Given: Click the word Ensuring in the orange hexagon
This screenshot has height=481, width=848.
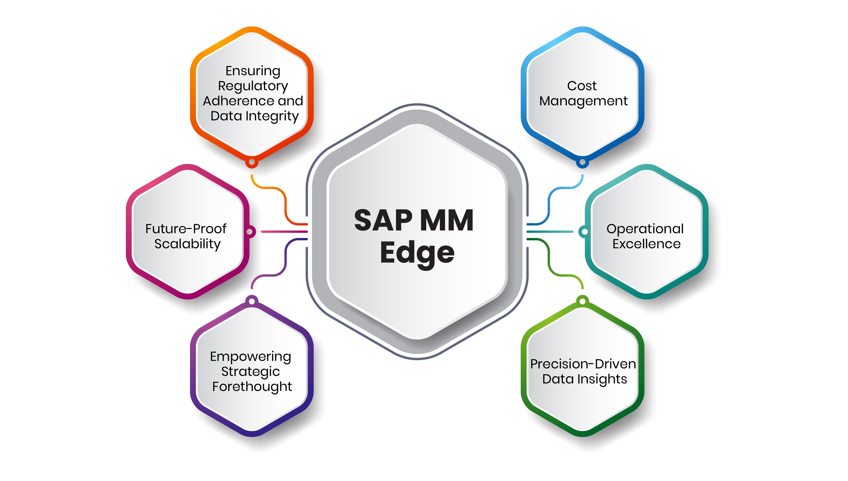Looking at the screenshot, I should point(253,71).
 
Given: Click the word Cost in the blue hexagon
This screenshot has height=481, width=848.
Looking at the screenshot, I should point(582,86).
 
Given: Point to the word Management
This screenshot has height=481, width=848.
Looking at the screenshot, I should point(583,101).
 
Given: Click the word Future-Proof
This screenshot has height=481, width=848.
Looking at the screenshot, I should point(186,229).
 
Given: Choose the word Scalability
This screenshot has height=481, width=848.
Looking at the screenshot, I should point(187,244).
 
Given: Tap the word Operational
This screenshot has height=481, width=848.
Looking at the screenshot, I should point(645,229).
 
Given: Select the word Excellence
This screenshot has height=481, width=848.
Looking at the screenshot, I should point(646,244).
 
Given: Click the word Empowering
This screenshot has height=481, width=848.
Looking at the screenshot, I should point(251,356).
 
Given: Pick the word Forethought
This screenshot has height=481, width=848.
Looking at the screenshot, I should point(252,386).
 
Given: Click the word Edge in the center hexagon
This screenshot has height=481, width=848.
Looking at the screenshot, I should point(417,253).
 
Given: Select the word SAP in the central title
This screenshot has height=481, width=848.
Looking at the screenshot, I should point(383,220).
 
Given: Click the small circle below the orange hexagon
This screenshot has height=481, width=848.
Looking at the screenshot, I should point(252,162).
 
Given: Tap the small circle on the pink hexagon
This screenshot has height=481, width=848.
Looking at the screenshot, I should point(250,231).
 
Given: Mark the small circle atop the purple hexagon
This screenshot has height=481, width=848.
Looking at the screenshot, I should point(252,301).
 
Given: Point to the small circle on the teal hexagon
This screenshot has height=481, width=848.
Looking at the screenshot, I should point(584,231).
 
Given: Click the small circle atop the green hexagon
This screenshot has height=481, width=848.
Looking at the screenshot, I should point(583,301).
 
